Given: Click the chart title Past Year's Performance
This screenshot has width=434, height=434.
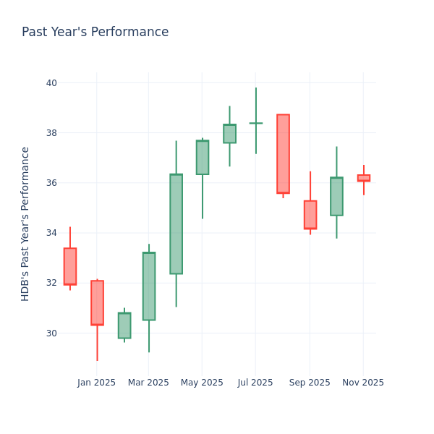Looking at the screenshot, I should pyautogui.click(x=95, y=33).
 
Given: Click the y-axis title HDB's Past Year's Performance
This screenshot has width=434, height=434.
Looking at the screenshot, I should pyautogui.click(x=25, y=224).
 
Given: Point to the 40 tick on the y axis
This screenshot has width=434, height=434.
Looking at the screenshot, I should pyautogui.click(x=51, y=82).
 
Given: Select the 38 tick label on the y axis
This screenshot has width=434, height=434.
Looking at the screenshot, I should pyautogui.click(x=51, y=132).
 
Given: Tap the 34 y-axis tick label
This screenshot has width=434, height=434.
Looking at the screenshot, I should pyautogui.click(x=51, y=233).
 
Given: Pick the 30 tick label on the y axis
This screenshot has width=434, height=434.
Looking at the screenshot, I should pyautogui.click(x=51, y=333).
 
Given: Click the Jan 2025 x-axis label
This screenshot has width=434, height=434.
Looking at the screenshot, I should pyautogui.click(x=96, y=383).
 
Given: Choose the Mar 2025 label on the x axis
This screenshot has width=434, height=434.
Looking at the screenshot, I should pyautogui.click(x=148, y=383).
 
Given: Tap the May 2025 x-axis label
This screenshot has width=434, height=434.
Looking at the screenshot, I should pyautogui.click(x=202, y=383).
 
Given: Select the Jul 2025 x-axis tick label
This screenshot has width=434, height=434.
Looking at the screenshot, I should pyautogui.click(x=255, y=383).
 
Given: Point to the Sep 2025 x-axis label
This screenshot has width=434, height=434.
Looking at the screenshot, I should pyautogui.click(x=310, y=383).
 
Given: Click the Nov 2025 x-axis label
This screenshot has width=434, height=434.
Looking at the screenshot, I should pyautogui.click(x=363, y=383).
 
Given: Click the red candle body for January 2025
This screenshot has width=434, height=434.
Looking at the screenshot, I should pyautogui.click(x=97, y=302).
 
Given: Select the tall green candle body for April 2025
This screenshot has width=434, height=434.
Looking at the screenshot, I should pyautogui.click(x=176, y=224).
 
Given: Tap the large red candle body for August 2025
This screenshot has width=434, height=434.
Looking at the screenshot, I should pyautogui.click(x=283, y=154).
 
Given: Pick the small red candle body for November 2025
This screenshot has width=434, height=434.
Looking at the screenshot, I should pyautogui.click(x=363, y=178).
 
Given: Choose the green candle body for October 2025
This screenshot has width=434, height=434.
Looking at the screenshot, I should pyautogui.click(x=336, y=197).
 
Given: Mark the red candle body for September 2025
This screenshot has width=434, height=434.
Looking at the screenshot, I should pyautogui.click(x=310, y=215).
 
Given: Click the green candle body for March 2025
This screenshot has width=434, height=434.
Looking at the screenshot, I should pyautogui.click(x=149, y=286).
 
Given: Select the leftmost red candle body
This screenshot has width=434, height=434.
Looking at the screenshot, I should pyautogui.click(x=70, y=266).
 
